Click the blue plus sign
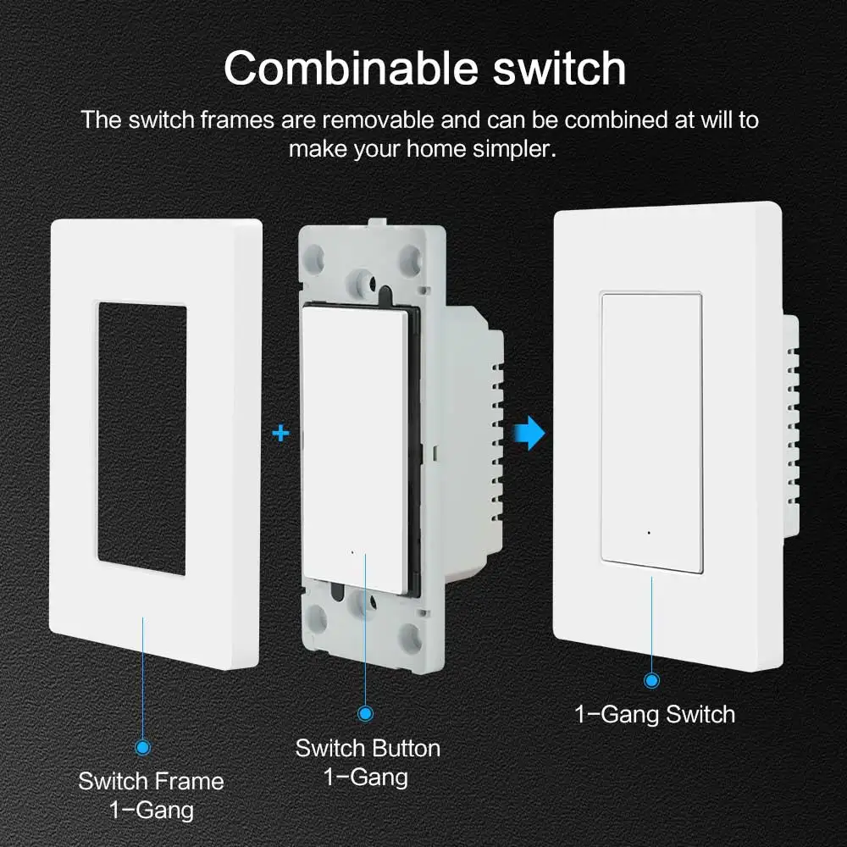[281, 435]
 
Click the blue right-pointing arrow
[530, 434]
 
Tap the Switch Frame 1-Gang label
[151, 794]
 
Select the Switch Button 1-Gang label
[368, 762]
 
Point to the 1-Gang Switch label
[655, 714]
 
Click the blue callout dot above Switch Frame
[142, 747]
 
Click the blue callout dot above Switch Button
[366, 714]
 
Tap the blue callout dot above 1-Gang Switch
[651, 680]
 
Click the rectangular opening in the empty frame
[141, 439]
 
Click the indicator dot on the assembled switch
[648, 534]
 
